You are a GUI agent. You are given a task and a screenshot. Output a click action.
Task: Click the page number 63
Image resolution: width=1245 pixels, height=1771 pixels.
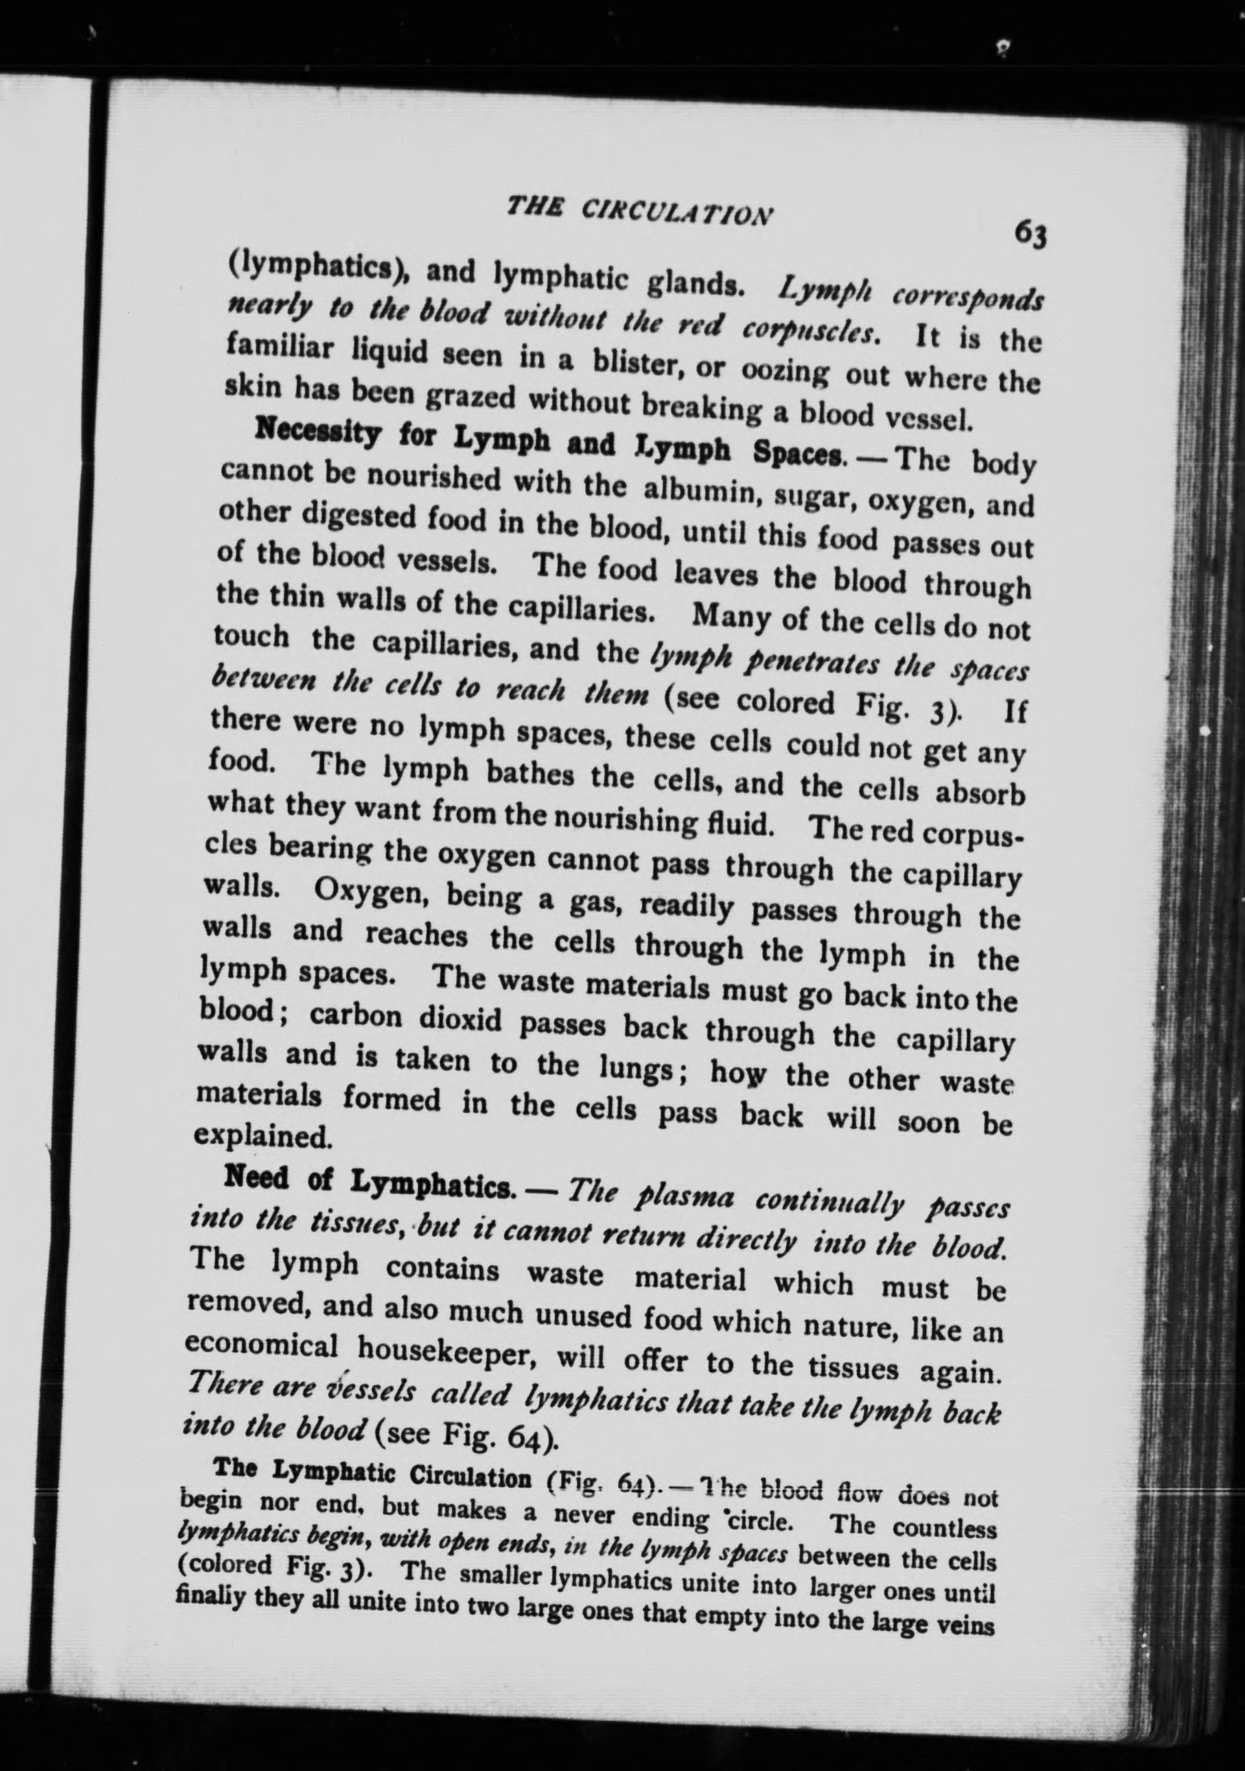[1029, 232]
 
